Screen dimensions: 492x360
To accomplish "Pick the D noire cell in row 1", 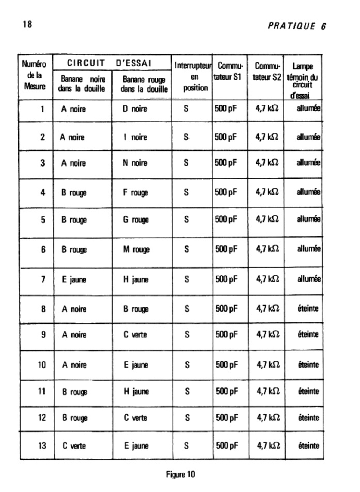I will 135,109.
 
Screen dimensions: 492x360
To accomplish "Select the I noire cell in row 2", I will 135,137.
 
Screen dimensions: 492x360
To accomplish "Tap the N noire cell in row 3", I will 135,164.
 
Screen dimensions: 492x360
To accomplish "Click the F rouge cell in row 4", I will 136,193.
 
